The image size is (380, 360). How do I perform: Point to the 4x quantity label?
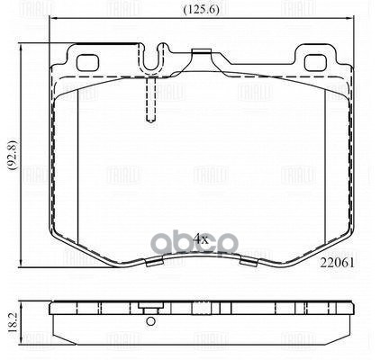click(x=202, y=238)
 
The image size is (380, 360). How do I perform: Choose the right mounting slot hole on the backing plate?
click(x=317, y=64)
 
